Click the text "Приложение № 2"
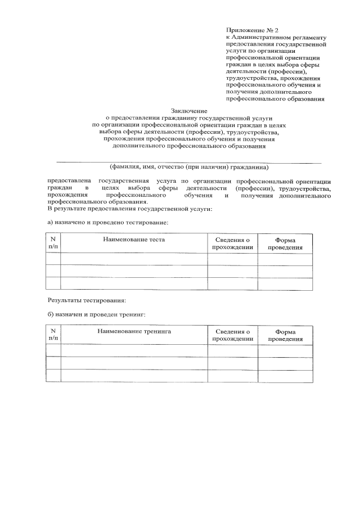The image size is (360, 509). point(252,29)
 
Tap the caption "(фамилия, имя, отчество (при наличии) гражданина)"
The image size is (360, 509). point(190,167)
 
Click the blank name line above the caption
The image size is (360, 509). point(190,161)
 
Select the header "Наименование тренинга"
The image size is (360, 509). point(133,331)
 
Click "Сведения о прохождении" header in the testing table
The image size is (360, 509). point(232,244)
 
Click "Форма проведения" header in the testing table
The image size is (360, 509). point(285,244)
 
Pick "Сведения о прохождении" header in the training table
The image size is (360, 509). point(232,335)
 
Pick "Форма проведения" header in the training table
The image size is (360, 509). point(285,335)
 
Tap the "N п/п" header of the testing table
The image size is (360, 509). point(53,244)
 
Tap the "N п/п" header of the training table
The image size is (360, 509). point(53,335)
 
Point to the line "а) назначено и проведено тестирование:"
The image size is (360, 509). point(107,222)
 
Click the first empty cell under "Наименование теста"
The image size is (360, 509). point(133,259)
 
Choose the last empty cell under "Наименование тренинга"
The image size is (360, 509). point(133,376)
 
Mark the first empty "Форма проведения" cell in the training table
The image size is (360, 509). point(285,350)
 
